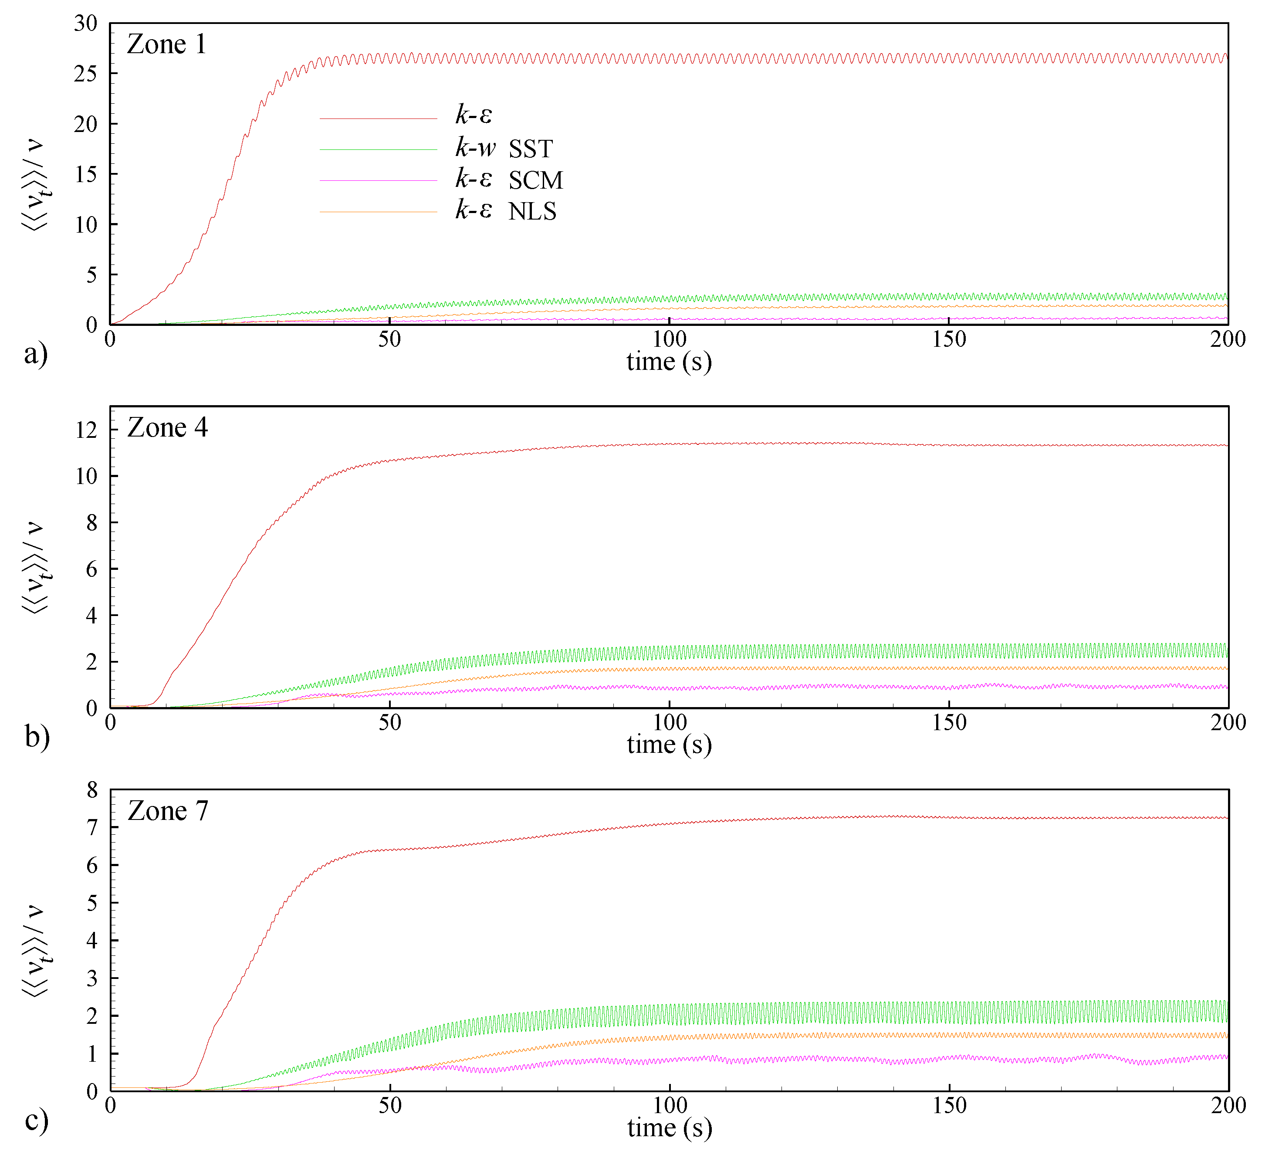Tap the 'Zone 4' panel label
(167, 428)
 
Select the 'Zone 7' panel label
(168, 811)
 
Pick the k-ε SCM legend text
(508, 180)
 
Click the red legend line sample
(378, 119)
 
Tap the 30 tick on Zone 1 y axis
(86, 24)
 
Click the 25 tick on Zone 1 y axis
(86, 74)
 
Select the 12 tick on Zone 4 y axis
(86, 430)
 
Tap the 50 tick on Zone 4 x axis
(390, 723)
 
